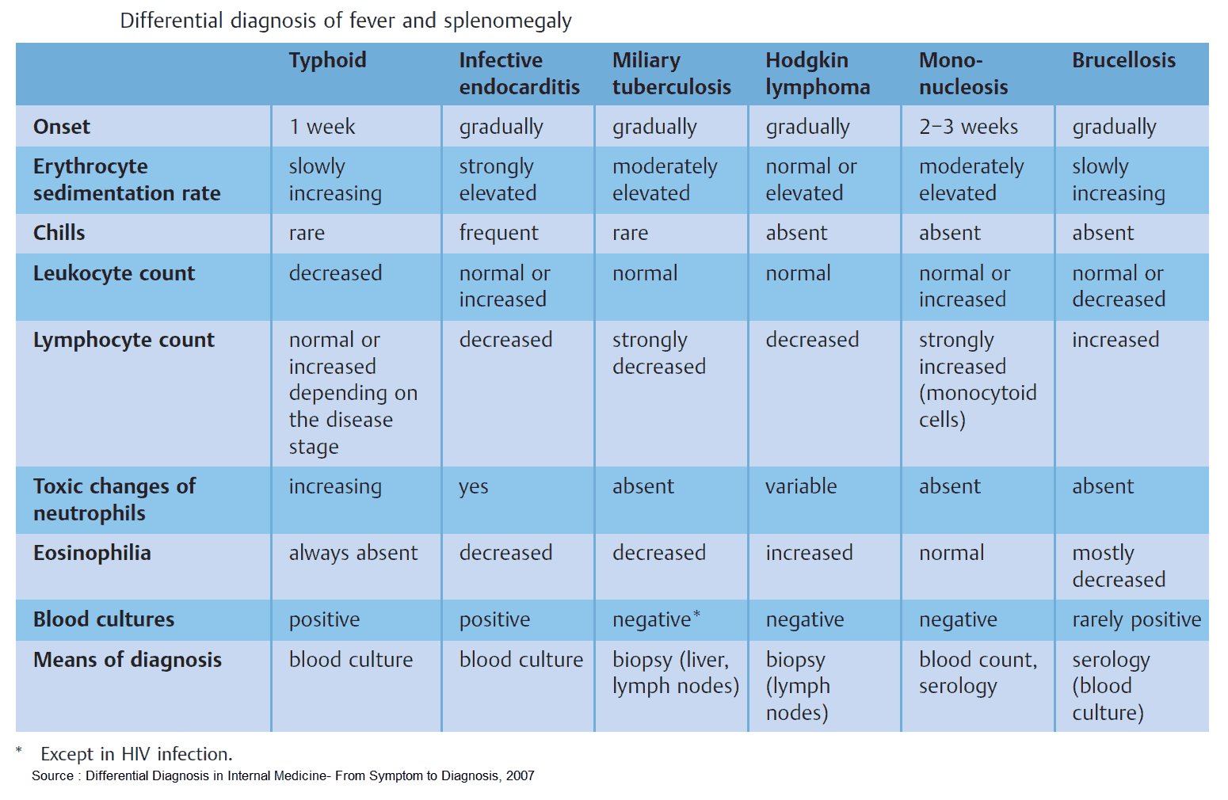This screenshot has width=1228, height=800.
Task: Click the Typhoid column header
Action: point(327,60)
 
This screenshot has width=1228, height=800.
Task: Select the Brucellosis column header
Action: point(1123,60)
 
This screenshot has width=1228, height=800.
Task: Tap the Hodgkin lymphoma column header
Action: point(817,74)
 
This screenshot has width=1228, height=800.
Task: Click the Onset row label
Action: point(62,127)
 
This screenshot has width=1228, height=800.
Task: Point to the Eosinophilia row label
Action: point(92,553)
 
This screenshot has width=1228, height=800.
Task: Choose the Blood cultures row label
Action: point(104,619)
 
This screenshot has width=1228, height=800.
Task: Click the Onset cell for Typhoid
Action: point(322,127)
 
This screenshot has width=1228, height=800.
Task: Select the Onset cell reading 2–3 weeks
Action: point(968,127)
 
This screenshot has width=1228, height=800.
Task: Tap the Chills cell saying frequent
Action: point(498,233)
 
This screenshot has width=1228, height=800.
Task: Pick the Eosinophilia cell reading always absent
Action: point(353,553)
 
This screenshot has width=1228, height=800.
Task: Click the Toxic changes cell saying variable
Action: point(801,486)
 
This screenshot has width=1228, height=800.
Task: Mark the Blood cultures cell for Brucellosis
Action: point(1136,619)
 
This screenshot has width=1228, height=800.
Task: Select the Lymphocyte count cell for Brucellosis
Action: point(1115,340)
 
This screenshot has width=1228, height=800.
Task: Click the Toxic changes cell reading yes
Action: point(473,486)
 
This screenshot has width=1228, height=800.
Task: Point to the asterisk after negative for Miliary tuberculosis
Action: point(696,614)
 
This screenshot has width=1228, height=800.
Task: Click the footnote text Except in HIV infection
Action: point(136,754)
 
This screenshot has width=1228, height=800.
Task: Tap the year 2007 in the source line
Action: point(520,776)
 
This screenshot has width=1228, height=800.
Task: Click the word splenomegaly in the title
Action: point(507,21)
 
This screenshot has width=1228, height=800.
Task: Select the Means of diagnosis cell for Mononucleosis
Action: point(978,672)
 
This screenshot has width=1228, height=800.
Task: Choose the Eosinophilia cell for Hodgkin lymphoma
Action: point(809,553)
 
